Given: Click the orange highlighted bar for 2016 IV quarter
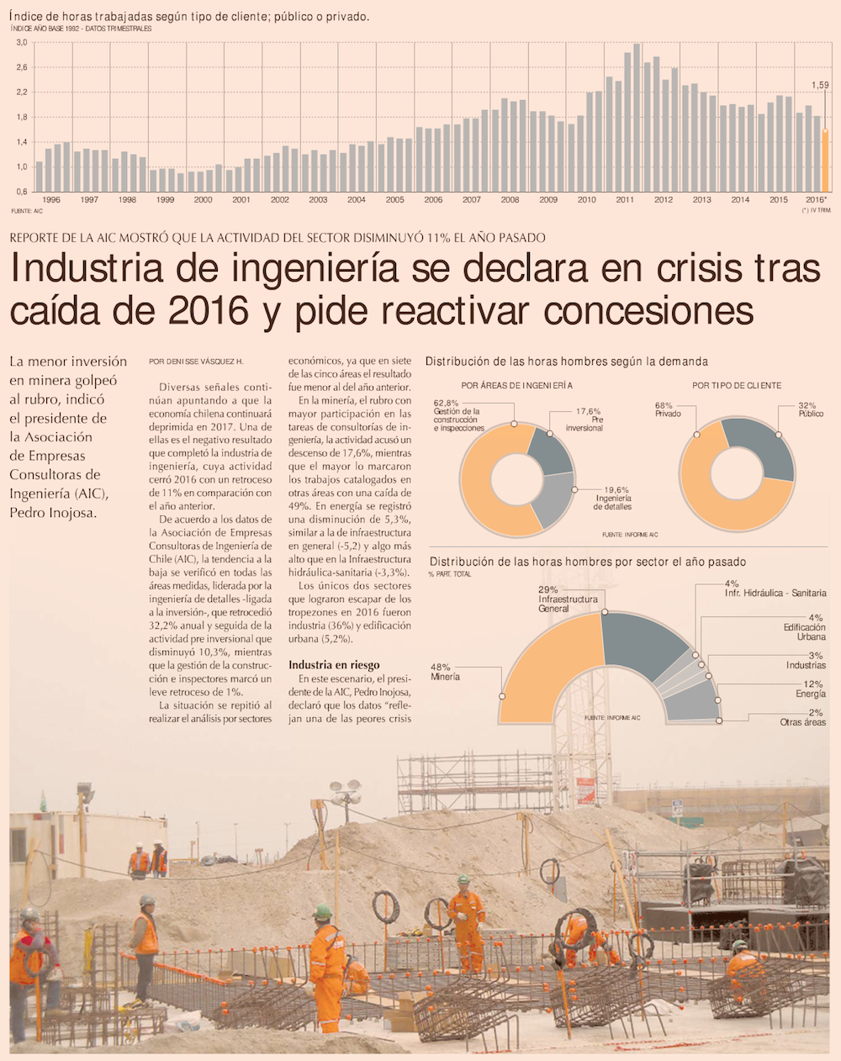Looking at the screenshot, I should coord(825,161).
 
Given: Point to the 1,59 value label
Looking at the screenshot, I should coord(820,85).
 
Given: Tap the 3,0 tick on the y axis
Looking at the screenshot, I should coord(21,42).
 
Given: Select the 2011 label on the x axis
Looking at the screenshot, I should coord(625,200).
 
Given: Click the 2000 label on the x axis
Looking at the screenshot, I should coord(204,200).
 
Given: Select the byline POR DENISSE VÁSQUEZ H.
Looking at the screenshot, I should coord(196,362).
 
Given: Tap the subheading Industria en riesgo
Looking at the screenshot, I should coord(334,665).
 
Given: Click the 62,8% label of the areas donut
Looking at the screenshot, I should coord(447,403).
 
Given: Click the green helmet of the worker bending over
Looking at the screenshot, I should coord(322,911).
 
